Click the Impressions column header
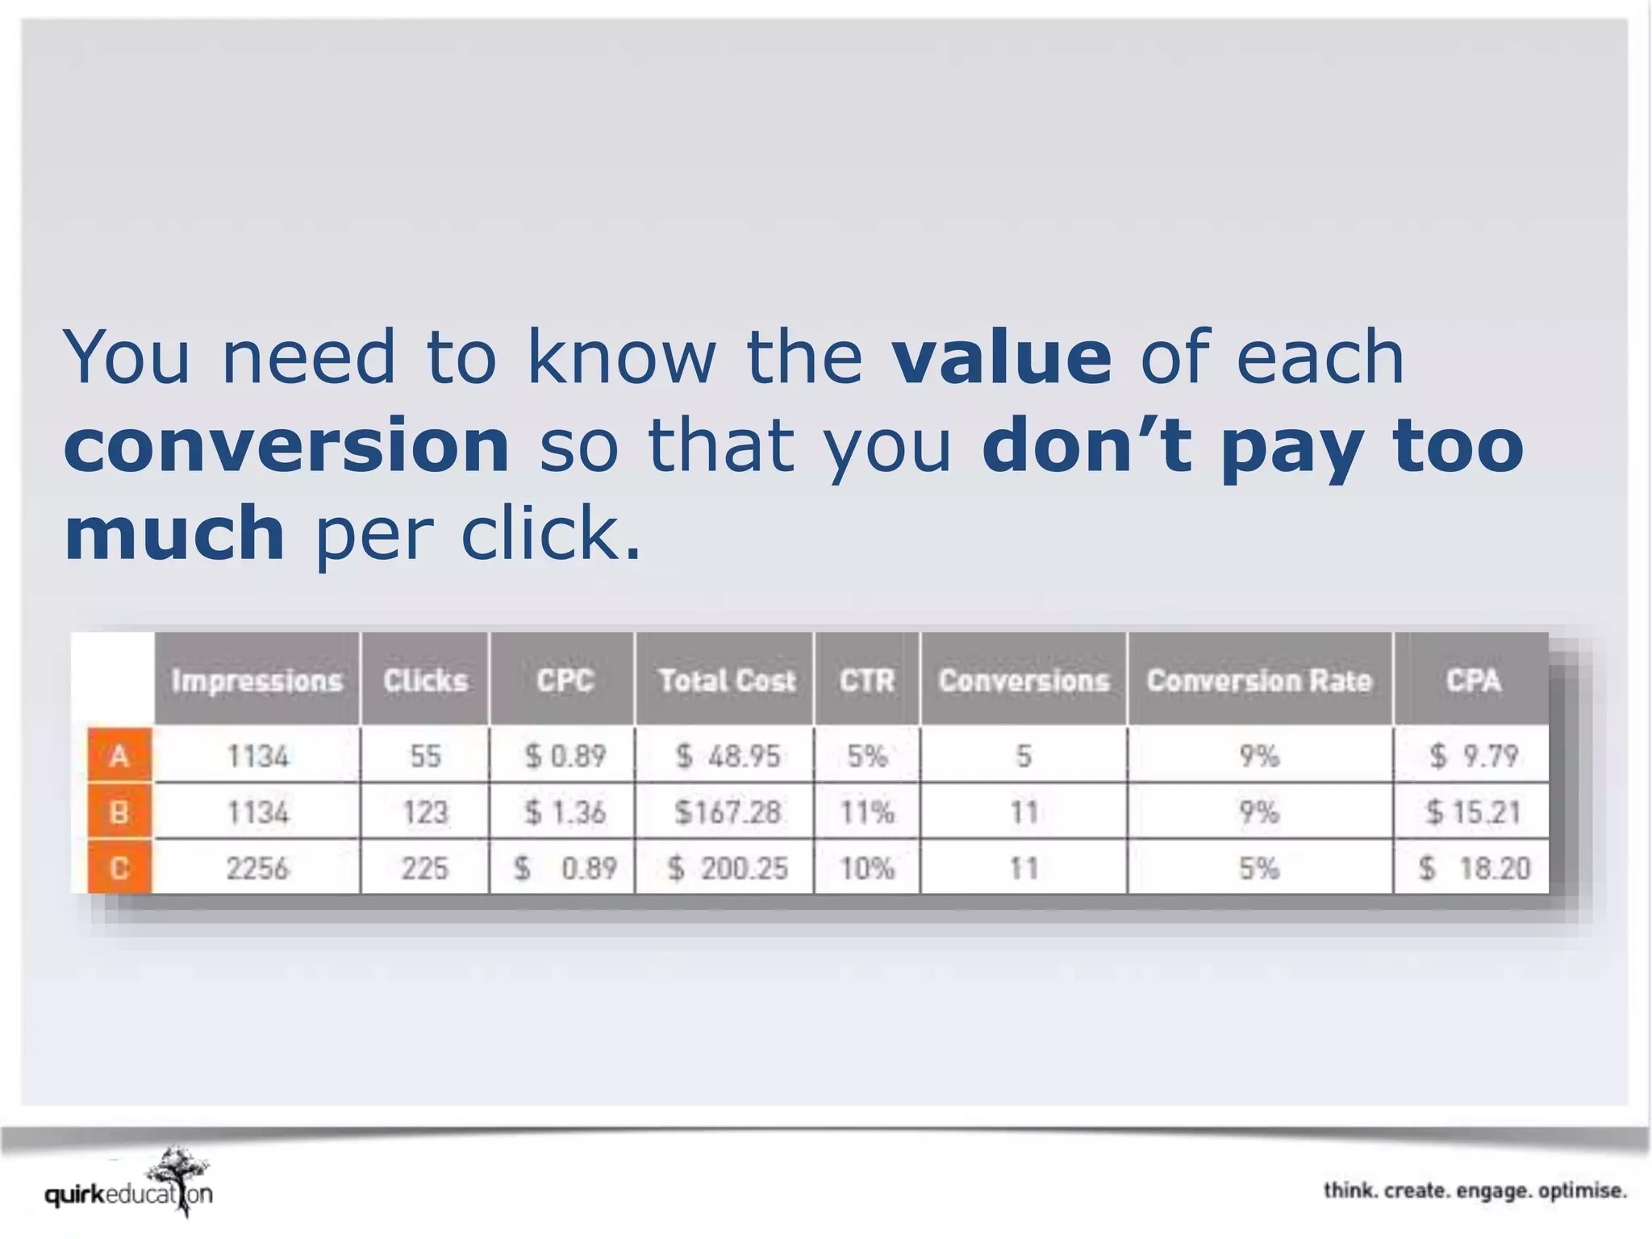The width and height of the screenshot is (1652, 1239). [x=257, y=681]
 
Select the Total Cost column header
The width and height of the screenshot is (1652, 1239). [x=727, y=681]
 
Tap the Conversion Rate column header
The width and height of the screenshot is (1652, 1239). [x=1258, y=681]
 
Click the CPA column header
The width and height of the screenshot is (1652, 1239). [x=1473, y=681]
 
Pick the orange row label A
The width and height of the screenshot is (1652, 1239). [x=119, y=756]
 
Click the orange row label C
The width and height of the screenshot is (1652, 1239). [x=119, y=868]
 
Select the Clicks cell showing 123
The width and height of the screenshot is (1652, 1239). [x=425, y=811]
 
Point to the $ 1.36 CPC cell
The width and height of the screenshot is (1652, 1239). [x=565, y=811]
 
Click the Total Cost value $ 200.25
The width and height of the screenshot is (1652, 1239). [x=727, y=868]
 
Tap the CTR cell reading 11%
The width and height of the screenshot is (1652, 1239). [x=867, y=811]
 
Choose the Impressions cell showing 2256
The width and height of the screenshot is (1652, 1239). [x=257, y=868]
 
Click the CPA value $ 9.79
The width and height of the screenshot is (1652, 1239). [x=1473, y=756]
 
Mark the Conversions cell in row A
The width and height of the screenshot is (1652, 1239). [x=1024, y=756]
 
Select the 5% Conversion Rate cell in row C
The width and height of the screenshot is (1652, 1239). [x=1258, y=868]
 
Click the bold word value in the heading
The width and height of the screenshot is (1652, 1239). [x=1002, y=357]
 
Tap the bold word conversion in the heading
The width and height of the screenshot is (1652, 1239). [x=286, y=446]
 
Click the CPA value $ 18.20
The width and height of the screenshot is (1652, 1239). [x=1473, y=868]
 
